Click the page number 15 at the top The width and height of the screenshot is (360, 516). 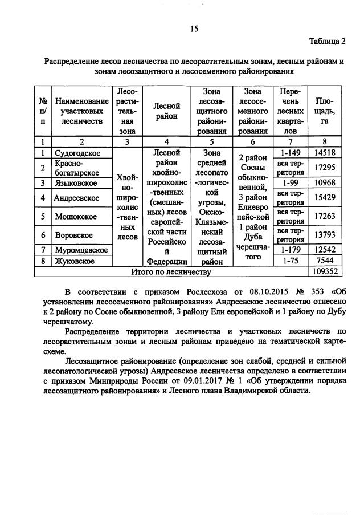(193, 28)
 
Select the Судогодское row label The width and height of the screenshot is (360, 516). (77, 153)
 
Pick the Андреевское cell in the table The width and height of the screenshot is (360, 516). (76, 198)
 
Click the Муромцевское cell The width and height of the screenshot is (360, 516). (81, 250)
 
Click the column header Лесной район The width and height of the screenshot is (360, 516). (166, 111)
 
